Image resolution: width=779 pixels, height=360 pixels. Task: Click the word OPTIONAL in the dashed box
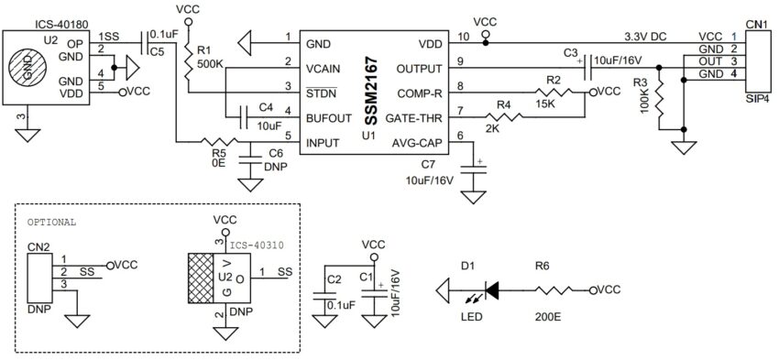(52, 222)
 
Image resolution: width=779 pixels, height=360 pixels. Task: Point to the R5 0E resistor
(217, 142)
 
